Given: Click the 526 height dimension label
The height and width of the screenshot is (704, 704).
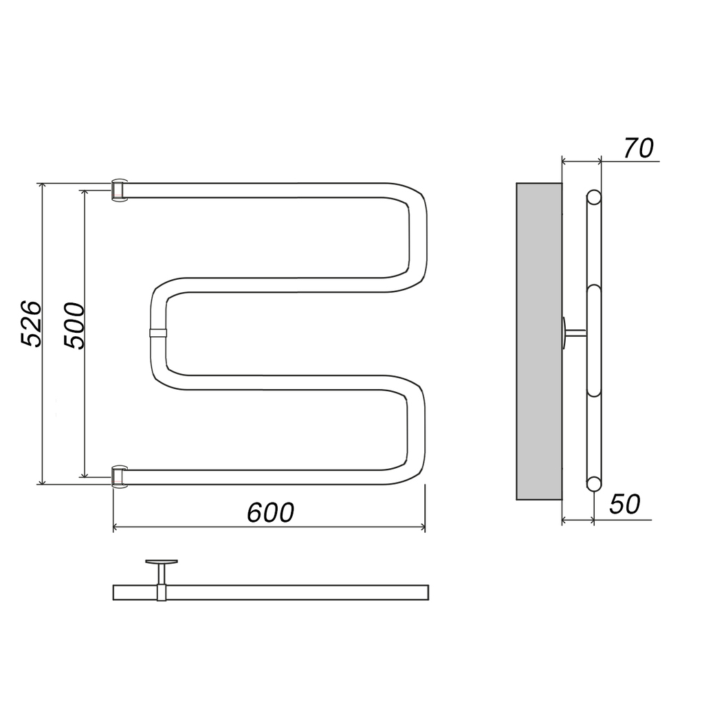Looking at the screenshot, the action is (x=32, y=324).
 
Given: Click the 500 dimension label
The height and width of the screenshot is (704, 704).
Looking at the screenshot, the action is (x=74, y=326).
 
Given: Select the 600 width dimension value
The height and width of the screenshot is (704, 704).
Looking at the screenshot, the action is (x=271, y=512).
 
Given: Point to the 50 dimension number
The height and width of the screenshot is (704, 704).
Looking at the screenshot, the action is (x=624, y=504).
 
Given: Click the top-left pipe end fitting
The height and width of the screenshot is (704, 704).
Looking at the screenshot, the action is (x=119, y=190).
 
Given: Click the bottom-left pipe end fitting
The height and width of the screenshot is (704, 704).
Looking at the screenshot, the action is (x=119, y=476).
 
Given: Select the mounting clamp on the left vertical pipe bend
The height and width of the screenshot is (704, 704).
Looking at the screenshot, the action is (x=157, y=333).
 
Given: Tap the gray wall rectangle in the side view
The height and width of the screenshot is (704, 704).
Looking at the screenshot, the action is (x=539, y=341).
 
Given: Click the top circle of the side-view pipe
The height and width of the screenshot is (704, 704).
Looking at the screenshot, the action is (x=593, y=197).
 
